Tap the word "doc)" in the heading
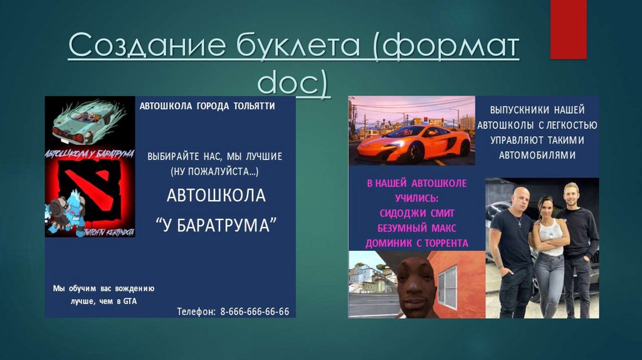[x=293, y=83]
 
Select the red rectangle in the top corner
[x=568, y=29]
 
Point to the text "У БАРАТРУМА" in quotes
[x=216, y=225]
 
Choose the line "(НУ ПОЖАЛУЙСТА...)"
[x=214, y=171]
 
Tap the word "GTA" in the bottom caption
[x=130, y=301]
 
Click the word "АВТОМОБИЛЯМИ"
[x=537, y=155]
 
